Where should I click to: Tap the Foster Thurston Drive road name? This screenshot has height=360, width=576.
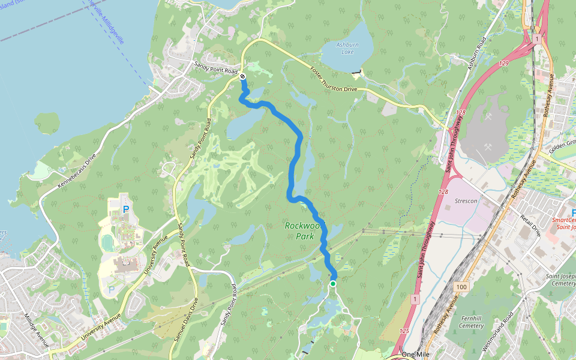coord(333,79)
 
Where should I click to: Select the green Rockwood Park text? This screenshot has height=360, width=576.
coord(299,231)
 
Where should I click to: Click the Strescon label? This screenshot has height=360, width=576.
coord(466,201)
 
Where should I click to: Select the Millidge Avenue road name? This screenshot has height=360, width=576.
coord(35,329)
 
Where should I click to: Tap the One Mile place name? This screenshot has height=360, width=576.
coord(418,354)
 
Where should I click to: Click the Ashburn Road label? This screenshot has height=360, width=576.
coord(476,53)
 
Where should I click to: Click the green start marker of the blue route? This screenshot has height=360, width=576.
coord(332,283)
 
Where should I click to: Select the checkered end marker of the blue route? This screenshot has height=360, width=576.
coord(242,76)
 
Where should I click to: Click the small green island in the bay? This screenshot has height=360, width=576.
coord(47,123)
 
